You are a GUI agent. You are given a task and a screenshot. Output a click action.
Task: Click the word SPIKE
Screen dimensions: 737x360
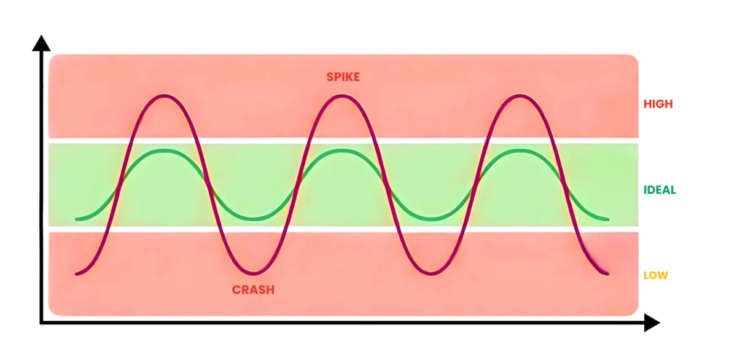(x=343, y=77)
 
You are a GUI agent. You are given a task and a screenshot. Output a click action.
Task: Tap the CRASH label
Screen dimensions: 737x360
(x=253, y=290)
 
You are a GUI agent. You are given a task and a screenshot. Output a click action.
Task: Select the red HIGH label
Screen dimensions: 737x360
(x=658, y=104)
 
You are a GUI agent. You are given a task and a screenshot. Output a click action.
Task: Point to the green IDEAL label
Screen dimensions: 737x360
(x=660, y=190)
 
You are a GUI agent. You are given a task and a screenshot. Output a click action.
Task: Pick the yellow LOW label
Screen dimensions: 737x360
(x=655, y=275)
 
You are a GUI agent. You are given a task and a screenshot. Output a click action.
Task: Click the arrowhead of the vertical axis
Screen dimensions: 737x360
(x=41, y=43)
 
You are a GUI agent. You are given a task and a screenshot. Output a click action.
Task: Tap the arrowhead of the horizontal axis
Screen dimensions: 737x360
(x=652, y=323)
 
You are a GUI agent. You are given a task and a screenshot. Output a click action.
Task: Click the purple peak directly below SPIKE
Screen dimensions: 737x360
(x=342, y=96)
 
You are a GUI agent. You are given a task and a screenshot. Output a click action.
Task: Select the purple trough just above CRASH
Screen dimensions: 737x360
(x=254, y=273)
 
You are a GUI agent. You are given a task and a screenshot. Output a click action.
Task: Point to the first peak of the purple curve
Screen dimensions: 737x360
(x=164, y=96)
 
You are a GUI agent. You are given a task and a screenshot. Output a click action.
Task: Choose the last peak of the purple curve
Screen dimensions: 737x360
(x=520, y=96)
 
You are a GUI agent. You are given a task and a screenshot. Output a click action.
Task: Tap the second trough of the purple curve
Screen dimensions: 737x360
(x=431, y=273)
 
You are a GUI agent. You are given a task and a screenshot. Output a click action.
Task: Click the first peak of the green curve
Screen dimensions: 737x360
(x=164, y=151)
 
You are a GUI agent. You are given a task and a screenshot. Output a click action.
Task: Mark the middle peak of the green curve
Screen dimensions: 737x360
(x=342, y=151)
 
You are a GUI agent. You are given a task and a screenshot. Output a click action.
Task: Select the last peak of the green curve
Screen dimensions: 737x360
(x=520, y=151)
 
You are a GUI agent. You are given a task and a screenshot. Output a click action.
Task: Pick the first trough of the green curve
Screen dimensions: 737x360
(x=254, y=219)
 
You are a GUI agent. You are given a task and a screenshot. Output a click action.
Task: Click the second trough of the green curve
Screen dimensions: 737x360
(x=431, y=219)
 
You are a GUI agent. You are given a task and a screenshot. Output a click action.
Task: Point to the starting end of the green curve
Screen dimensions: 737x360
(x=77, y=219)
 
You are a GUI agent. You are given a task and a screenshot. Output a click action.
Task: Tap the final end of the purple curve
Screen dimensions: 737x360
(x=607, y=273)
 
